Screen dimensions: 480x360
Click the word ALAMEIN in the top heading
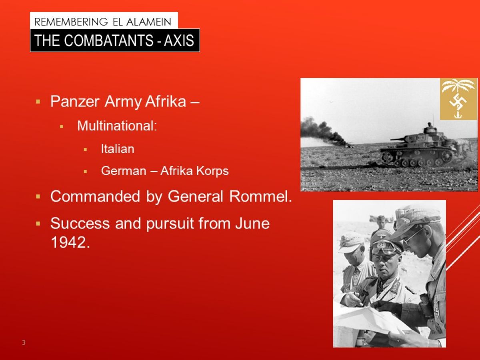(x=149, y=22)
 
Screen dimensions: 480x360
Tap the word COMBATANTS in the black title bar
(x=109, y=40)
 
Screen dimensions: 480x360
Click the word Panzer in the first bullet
(x=75, y=102)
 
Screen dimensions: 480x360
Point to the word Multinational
(x=117, y=126)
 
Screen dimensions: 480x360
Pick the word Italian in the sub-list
(x=118, y=149)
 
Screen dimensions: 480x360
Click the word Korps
(x=212, y=171)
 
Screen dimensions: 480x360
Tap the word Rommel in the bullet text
(x=260, y=196)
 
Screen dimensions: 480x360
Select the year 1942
(x=70, y=242)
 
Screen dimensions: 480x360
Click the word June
(x=252, y=223)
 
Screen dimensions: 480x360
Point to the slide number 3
(x=24, y=342)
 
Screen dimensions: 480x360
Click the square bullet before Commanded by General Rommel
(x=38, y=196)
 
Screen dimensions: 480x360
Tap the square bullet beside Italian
(x=85, y=150)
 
